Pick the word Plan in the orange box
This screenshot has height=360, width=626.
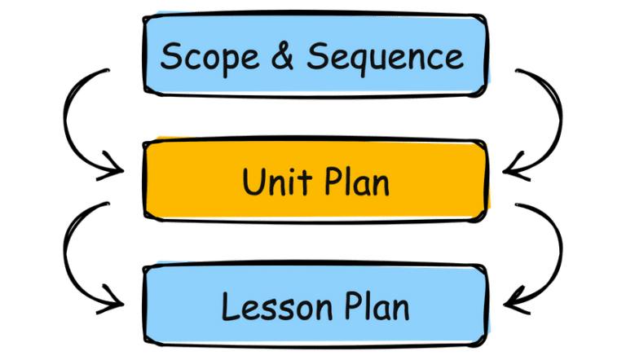click(x=354, y=182)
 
